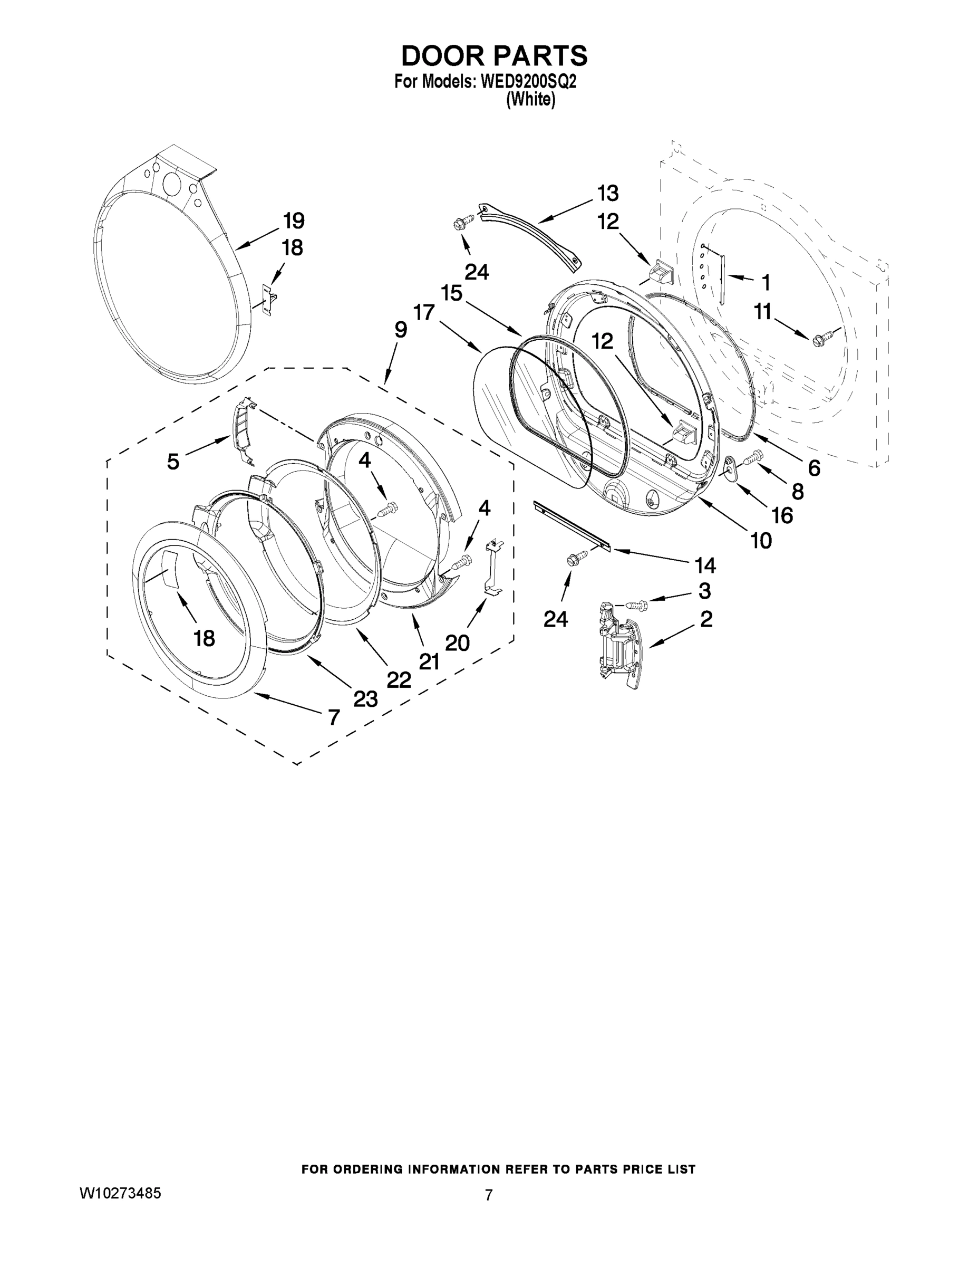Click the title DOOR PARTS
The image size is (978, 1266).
pyautogui.click(x=494, y=56)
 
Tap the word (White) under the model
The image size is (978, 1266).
pyautogui.click(x=531, y=100)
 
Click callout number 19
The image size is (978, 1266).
pyautogui.click(x=294, y=221)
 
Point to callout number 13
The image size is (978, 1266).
pyautogui.click(x=608, y=193)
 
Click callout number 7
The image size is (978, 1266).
pyautogui.click(x=333, y=717)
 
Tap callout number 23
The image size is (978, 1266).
pyautogui.click(x=365, y=699)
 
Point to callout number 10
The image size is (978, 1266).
pyautogui.click(x=761, y=541)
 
